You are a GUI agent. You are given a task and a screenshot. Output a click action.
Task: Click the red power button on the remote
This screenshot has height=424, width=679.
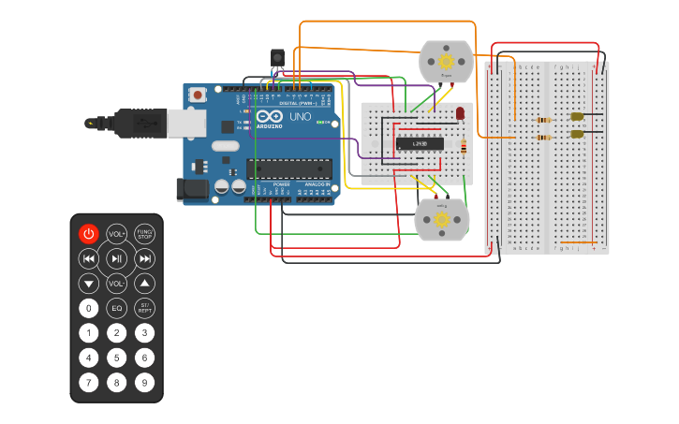click(x=89, y=234)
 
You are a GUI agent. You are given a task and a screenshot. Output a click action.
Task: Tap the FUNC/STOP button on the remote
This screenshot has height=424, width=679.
click(x=144, y=234)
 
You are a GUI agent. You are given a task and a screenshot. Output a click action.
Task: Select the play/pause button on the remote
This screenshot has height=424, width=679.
click(x=117, y=258)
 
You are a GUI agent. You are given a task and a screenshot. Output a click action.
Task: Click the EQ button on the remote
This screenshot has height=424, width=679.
click(x=117, y=308)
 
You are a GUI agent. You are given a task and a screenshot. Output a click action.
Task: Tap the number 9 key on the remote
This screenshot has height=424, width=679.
click(x=144, y=382)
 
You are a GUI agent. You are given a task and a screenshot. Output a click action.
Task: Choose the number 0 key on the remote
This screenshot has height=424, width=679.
click(x=89, y=308)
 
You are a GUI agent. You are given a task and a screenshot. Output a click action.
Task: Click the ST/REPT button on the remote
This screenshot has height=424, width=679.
click(x=144, y=308)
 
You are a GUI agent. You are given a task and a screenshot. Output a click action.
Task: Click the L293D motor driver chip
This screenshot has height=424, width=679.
click(x=420, y=144)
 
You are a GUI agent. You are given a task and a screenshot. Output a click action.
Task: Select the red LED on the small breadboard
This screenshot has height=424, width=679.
click(x=460, y=113)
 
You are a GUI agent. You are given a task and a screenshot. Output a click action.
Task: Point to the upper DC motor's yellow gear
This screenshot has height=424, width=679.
click(x=446, y=62)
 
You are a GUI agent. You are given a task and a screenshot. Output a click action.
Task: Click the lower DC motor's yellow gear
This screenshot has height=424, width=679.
click(x=441, y=219)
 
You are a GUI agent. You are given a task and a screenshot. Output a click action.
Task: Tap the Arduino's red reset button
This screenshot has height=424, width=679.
click(x=198, y=95)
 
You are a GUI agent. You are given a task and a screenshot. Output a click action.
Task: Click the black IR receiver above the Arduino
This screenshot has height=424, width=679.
click(x=277, y=58)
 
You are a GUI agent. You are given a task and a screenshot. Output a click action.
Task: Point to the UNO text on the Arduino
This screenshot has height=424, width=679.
click(x=300, y=117)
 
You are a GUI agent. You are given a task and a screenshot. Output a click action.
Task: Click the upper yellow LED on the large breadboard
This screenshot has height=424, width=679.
click(x=577, y=117)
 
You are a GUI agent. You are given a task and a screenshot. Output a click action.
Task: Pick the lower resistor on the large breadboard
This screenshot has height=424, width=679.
click(x=543, y=138)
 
